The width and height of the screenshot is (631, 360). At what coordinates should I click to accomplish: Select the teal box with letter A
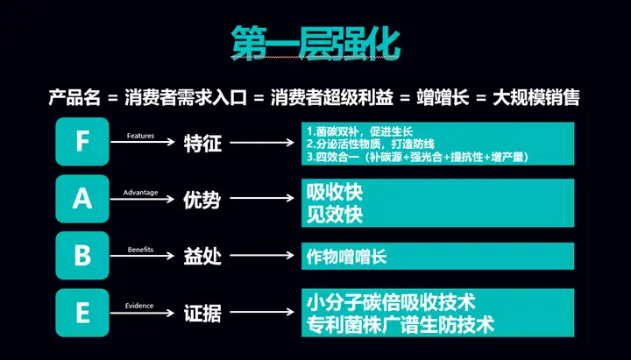pos(82,200)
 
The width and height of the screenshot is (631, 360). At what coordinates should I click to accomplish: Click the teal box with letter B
pos(82,257)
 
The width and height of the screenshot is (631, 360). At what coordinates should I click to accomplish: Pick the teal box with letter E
pos(82,314)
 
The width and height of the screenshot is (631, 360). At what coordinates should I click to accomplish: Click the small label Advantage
pos(140,192)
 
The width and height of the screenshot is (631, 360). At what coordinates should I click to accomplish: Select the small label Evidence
pos(138,306)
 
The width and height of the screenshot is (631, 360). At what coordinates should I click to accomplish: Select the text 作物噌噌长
pos(347,257)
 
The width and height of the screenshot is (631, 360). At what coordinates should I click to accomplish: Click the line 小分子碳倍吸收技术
pos(391,302)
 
